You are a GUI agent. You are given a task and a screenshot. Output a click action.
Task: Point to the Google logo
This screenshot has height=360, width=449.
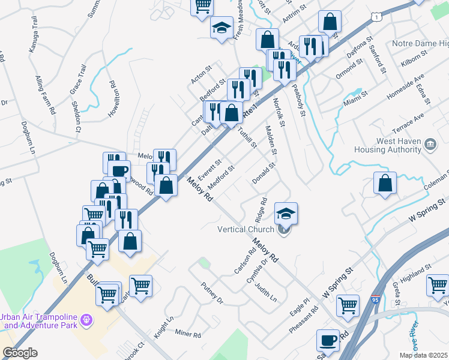coord(20,353)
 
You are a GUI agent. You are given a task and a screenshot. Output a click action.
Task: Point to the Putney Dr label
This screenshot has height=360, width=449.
coord(211,293)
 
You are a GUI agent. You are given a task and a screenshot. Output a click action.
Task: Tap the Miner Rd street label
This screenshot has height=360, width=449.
coord(187,332)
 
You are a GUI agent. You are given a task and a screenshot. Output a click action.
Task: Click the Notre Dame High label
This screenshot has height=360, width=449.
coord(420,44)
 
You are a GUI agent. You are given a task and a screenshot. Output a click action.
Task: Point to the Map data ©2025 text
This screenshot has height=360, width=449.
coord(423,355)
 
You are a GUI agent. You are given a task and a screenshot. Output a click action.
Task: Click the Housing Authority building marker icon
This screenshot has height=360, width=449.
coord(430,144)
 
